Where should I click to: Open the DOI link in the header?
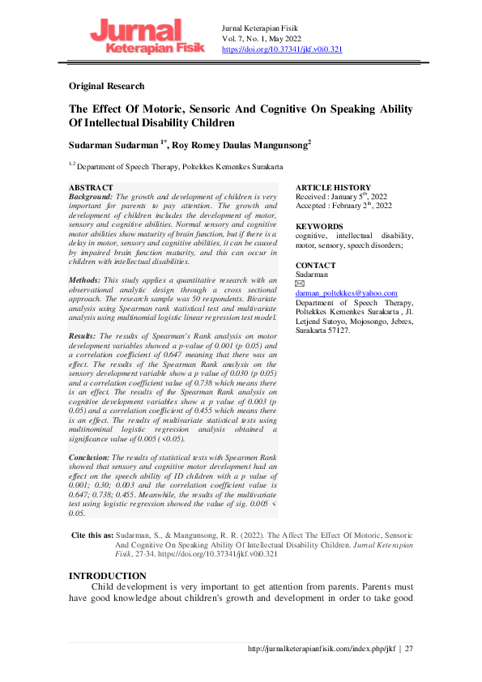281,49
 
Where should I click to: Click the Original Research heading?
107,86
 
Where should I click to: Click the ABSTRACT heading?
92,187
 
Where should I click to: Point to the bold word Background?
92,197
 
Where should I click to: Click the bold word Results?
84,335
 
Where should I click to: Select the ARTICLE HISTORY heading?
333,188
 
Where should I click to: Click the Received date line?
340,197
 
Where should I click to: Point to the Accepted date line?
343,206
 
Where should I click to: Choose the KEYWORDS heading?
320,226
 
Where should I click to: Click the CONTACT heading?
315,266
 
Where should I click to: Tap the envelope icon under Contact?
299,283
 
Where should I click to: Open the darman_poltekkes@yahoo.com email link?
346,293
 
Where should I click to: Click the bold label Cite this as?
92,536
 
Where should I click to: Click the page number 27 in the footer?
409,649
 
